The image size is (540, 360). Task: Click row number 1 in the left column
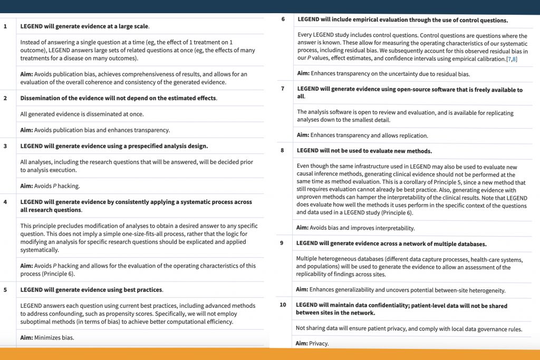pos(5,26)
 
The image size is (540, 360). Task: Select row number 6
pos(283,20)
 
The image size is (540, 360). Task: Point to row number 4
pos(5,202)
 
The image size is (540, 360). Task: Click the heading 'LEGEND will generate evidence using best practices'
pos(91,289)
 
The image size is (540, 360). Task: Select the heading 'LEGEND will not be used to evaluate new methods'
pos(364,150)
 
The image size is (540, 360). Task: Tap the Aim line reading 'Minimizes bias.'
pos(47,338)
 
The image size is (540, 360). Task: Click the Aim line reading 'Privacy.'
pos(312,343)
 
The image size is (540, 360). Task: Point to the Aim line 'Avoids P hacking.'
pos(50,186)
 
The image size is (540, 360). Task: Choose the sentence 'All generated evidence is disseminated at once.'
pos(82,114)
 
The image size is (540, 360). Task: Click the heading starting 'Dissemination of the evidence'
pos(119,98)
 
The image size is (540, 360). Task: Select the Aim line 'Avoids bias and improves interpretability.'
pos(355,228)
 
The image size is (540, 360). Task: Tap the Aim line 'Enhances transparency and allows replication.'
pos(362,135)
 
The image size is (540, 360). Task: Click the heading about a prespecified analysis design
pos(114,146)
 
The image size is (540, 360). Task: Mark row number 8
pos(282,150)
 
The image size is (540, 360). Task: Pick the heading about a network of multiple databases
pos(391,244)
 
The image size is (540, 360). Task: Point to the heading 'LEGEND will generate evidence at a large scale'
pos(84,26)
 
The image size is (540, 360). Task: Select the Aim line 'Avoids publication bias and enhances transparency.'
pos(95,130)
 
